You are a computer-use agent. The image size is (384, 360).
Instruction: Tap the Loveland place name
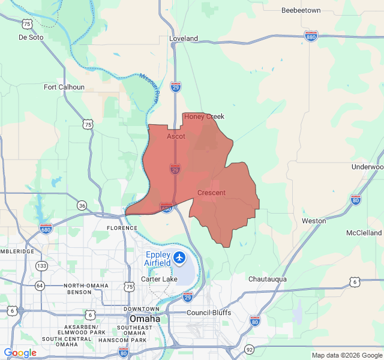183,38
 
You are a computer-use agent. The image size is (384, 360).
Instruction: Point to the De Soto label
31,37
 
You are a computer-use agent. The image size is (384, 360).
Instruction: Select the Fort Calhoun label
64,87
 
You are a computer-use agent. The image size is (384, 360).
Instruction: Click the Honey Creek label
204,116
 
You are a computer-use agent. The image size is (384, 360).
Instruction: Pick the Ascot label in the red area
176,137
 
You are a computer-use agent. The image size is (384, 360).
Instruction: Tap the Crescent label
211,193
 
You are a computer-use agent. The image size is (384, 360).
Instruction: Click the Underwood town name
367,167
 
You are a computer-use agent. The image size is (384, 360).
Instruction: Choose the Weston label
314,221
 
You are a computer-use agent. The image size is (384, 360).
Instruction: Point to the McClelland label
364,232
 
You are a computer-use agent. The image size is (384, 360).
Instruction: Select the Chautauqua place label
268,279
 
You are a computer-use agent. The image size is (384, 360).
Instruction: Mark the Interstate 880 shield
311,36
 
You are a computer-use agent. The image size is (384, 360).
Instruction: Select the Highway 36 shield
82,206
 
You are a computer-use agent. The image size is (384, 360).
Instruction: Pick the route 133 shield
41,265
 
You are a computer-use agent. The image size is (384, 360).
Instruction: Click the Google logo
20,353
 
